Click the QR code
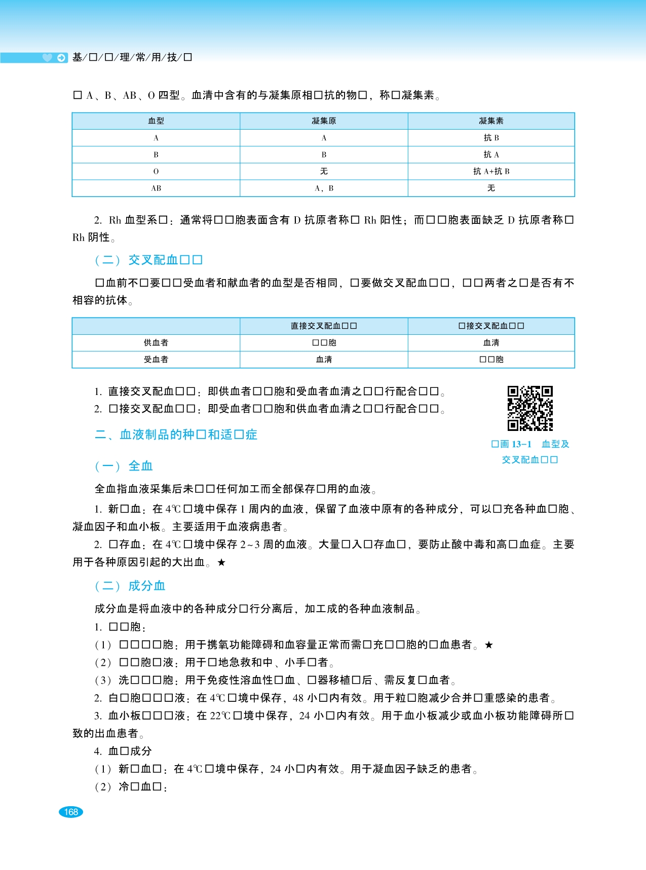coord(530,408)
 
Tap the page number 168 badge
coord(70,812)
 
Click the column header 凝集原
coord(324,121)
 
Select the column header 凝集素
coord(491,121)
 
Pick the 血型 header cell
coord(156,121)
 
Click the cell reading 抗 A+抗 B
coord(491,171)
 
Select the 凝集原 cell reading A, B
coord(324,188)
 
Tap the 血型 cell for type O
coord(156,171)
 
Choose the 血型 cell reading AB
coord(156,188)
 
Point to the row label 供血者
coord(156,343)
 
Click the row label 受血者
coord(156,360)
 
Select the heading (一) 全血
coord(124,466)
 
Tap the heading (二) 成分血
coord(130,586)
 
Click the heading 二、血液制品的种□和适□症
coord(176,434)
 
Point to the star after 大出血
coord(221,562)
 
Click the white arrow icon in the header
coord(61,58)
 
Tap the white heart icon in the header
coord(47,58)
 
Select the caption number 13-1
coord(521,444)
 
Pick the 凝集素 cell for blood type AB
coord(491,188)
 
